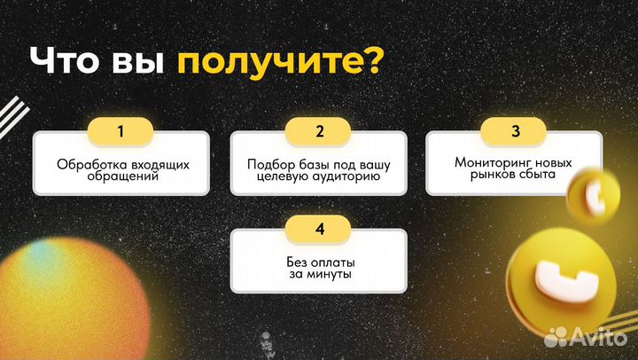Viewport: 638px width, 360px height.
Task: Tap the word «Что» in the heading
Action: [x=66, y=63]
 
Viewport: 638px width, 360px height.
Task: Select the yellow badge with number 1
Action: [x=121, y=131]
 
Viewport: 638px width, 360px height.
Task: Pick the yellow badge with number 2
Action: [x=319, y=131]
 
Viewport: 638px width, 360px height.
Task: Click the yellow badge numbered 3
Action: [x=515, y=131]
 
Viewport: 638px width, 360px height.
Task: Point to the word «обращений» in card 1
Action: [x=121, y=176]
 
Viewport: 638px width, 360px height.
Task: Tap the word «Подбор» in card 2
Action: [x=269, y=164]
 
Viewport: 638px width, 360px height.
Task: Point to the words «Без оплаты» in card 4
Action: [x=319, y=262]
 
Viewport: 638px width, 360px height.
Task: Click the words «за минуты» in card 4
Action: [x=319, y=275]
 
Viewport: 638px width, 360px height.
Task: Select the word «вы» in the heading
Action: [x=138, y=64]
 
